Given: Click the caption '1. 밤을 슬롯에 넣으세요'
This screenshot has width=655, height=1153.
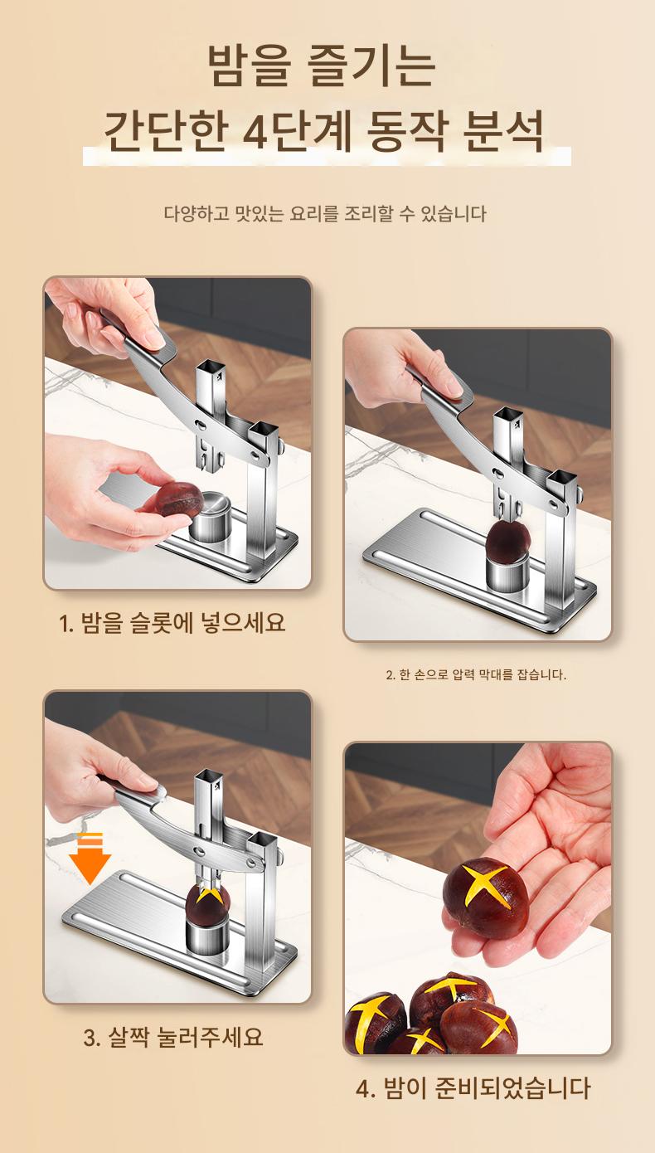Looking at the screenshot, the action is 172,624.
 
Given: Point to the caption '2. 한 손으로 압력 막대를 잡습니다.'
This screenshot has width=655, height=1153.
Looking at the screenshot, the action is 476,675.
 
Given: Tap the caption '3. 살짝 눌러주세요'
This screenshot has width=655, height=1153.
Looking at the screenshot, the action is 173,1036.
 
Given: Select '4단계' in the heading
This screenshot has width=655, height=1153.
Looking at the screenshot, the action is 297,132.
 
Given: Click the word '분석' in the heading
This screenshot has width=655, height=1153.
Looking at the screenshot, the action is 504,132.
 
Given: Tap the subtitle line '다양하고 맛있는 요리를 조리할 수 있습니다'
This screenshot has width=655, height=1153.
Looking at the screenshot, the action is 325,214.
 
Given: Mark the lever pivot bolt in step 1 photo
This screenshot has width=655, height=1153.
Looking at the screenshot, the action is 255,456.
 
